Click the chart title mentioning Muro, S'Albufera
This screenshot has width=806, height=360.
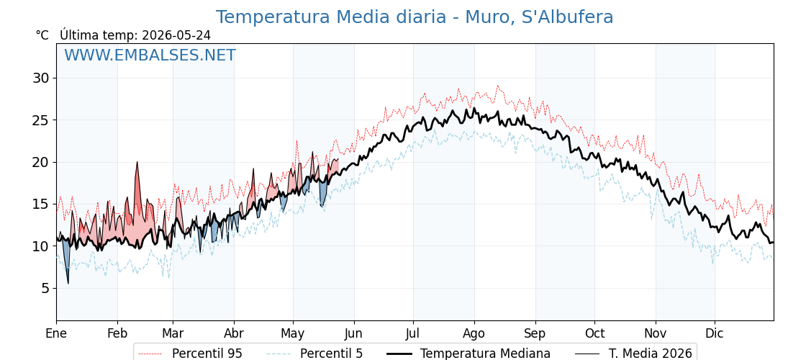[414, 17]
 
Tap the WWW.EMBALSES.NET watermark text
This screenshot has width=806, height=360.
[150, 55]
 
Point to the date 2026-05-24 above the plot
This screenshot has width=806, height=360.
[176, 35]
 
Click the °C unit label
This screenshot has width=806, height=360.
[42, 35]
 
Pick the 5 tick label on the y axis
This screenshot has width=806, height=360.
[46, 289]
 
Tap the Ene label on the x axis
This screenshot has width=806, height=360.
[56, 333]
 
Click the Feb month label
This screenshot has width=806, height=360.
[118, 333]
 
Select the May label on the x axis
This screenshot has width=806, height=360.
[293, 333]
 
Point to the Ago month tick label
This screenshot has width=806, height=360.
[474, 333]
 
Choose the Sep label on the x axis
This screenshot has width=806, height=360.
[535, 333]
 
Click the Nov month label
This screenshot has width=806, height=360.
[656, 333]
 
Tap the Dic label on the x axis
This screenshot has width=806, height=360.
[715, 333]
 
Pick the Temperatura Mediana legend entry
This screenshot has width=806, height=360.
[468, 354]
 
